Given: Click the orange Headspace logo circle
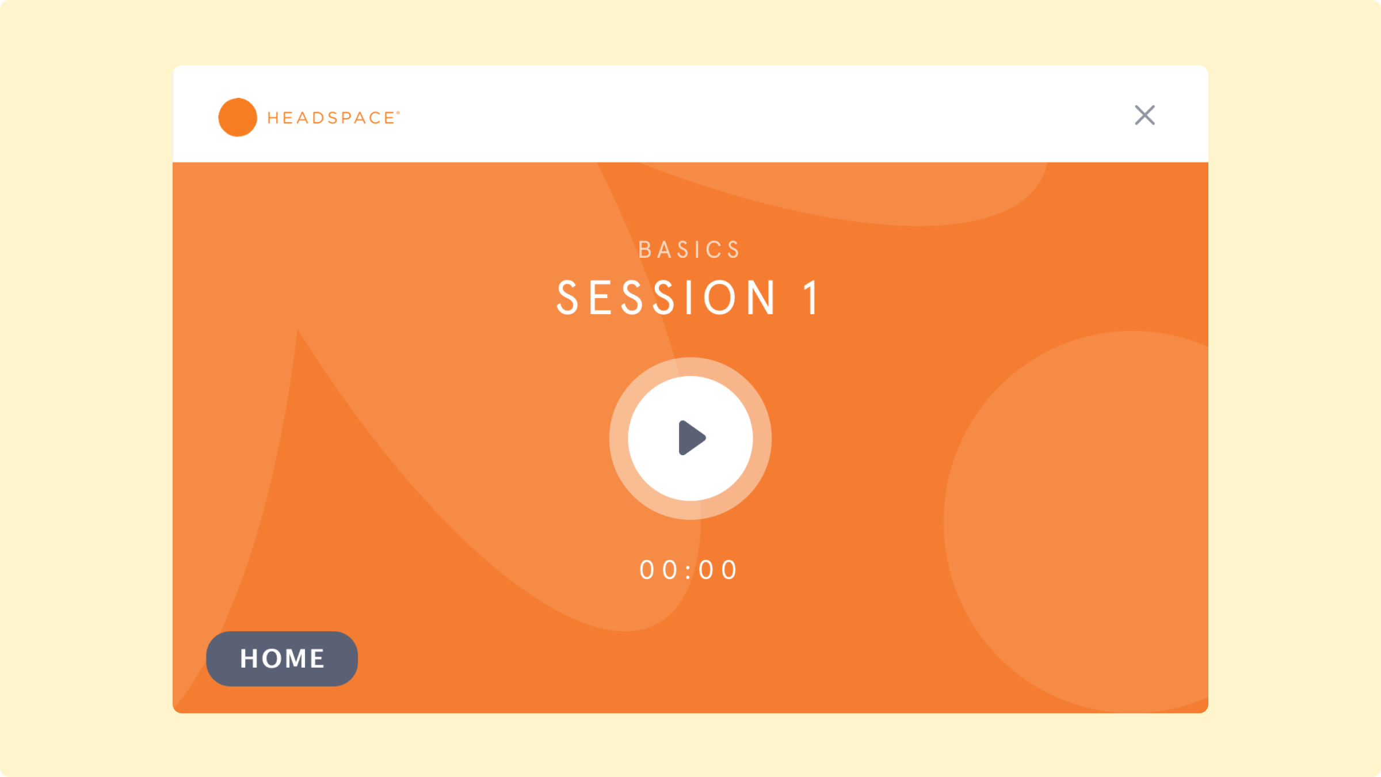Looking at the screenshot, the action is point(238,117).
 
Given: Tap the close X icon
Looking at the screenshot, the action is point(1145,115).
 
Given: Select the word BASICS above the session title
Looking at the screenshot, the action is point(689,250).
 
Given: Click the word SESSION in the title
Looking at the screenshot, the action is point(666,298).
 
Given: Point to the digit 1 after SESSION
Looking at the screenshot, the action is point(811,298).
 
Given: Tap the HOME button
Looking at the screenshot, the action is point(282,658).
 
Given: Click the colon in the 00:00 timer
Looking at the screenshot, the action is point(689,570).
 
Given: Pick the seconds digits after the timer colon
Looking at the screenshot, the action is point(718,570).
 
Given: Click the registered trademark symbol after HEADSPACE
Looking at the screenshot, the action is point(398,113).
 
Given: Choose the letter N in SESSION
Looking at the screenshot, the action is point(761,298).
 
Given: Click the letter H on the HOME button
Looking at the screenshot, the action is point(249,658).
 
